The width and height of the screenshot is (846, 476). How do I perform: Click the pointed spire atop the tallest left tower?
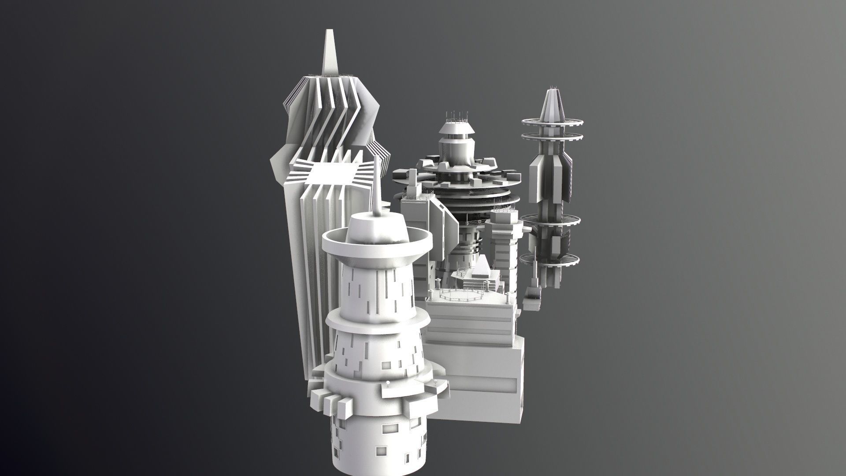coord(328,53)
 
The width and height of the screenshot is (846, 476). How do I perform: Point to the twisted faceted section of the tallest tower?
coord(328,115)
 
